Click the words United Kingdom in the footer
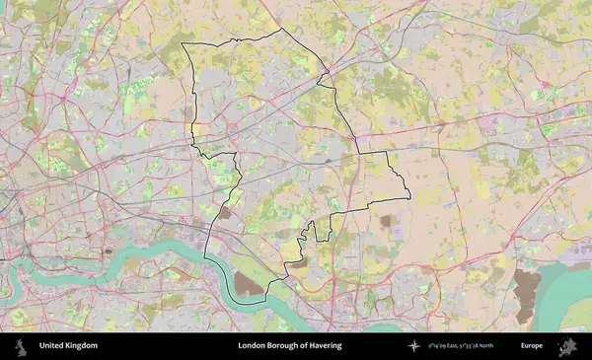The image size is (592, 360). tap(68, 345)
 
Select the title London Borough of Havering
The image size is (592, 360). tap(289, 345)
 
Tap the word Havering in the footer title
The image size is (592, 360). tap(323, 345)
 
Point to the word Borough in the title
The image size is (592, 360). tap(279, 345)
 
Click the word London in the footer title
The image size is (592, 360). tap(251, 345)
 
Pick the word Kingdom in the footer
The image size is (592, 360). tap(82, 345)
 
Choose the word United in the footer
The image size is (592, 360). tap(51, 345)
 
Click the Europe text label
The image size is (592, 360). tap(532, 345)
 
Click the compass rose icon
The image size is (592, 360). tap(414, 345)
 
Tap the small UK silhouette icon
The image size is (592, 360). tap(21, 345)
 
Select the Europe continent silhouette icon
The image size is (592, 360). tap(566, 345)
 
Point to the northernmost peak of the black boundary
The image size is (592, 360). tap(283, 30)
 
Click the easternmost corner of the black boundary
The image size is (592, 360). tap(409, 195)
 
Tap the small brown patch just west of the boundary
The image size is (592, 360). tap(226, 211)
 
